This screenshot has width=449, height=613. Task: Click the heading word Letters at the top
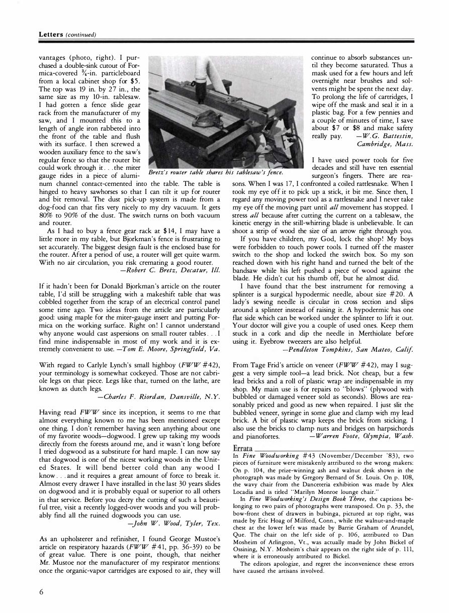[x=50, y=35]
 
